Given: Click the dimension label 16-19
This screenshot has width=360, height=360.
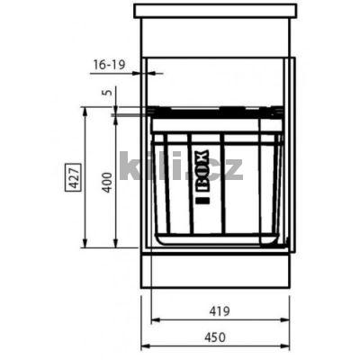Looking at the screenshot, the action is tap(110, 65).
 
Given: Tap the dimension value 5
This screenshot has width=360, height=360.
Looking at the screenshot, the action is tap(108, 91).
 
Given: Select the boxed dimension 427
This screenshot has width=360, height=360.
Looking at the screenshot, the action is tap(73, 177).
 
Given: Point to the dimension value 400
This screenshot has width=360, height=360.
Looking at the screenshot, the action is tap(106, 182).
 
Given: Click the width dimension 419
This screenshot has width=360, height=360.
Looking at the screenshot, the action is tap(220, 310).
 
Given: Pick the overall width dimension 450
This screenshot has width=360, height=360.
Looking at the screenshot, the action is tap(215, 337).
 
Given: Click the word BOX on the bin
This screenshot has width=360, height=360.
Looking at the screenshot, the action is tap(202, 170).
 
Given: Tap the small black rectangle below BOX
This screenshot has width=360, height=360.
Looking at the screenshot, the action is tap(202, 200).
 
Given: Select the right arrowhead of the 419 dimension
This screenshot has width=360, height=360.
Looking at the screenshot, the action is tap(285, 320).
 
